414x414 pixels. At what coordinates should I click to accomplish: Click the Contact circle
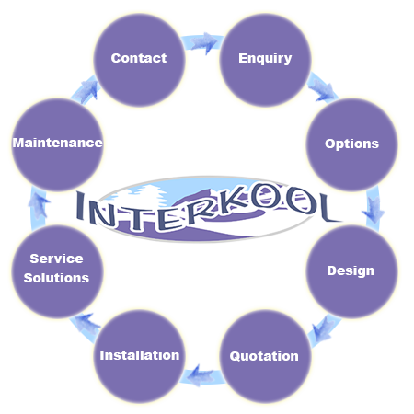[139, 61]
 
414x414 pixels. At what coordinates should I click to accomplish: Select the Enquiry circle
[266, 61]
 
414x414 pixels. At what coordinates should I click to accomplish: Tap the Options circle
[352, 144]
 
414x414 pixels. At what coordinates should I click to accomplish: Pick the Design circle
[352, 271]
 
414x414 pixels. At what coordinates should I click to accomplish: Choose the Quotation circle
[266, 356]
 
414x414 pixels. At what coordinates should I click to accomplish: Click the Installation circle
[139, 356]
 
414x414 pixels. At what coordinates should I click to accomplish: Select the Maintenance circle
[57, 144]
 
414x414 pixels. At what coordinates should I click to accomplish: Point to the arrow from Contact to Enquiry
[203, 42]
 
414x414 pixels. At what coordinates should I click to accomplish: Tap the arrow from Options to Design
[373, 209]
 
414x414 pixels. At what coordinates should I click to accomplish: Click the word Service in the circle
[56, 259]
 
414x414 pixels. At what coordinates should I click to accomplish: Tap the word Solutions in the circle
[56, 278]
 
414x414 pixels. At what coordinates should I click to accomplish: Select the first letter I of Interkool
[80, 205]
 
